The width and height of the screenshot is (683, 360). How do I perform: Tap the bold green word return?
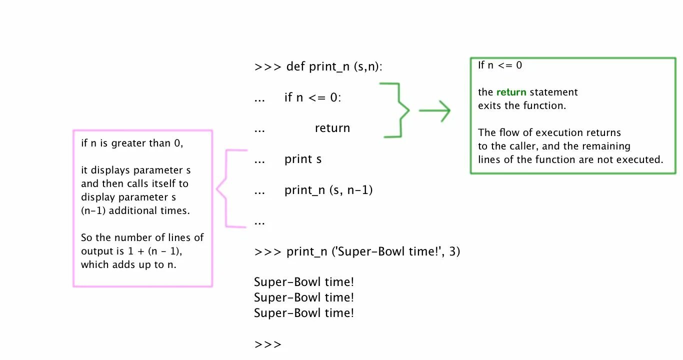click(x=511, y=92)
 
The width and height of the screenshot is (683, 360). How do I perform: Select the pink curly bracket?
click(x=227, y=189)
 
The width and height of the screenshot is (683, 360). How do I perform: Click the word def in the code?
click(x=295, y=66)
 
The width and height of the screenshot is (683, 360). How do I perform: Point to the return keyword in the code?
click(x=332, y=128)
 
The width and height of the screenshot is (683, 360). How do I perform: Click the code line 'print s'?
click(x=303, y=159)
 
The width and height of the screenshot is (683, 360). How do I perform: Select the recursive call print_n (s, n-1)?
click(x=328, y=190)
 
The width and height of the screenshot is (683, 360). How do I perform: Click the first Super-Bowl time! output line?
click(x=304, y=282)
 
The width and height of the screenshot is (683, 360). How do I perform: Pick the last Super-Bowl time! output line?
click(x=304, y=313)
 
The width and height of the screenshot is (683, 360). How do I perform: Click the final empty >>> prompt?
click(x=268, y=344)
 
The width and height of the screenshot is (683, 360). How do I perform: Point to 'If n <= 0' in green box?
click(x=500, y=65)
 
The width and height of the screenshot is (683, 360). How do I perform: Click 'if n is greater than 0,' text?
click(x=132, y=143)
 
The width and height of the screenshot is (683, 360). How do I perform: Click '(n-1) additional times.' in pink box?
click(x=135, y=210)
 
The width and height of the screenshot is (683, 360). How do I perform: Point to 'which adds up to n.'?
click(x=128, y=264)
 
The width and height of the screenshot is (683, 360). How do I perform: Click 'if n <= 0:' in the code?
click(x=313, y=97)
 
